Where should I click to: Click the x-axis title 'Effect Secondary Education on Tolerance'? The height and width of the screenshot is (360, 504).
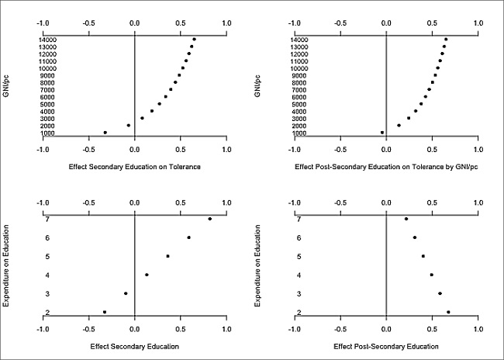[x=135, y=166]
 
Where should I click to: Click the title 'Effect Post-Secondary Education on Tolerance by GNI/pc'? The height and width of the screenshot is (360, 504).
[x=386, y=166]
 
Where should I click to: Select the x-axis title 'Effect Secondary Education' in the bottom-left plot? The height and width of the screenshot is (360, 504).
[x=135, y=346]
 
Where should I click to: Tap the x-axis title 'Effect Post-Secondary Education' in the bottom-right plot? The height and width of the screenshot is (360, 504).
[x=386, y=346]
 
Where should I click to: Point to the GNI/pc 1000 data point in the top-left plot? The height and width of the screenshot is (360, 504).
[x=105, y=133]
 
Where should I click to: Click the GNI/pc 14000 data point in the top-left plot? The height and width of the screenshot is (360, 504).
[x=194, y=39]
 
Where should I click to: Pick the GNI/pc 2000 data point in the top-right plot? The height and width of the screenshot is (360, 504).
[x=399, y=125]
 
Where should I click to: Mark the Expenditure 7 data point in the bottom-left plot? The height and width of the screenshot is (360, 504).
[x=209, y=219]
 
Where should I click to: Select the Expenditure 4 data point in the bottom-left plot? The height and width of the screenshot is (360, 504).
[x=147, y=275]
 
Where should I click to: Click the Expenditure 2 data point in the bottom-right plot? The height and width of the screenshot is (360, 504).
[x=448, y=312]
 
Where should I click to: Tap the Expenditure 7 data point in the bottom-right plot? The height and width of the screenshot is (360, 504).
[x=406, y=219]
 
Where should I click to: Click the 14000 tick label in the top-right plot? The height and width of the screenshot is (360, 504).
[x=280, y=40]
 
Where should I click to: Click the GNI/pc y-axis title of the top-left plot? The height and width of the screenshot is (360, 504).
[x=7, y=85]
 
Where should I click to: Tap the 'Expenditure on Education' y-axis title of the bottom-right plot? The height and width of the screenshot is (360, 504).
[x=258, y=265]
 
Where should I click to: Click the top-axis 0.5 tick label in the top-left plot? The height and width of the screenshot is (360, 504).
[x=181, y=22]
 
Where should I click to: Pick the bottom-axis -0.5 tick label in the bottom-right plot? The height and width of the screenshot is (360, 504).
[x=340, y=329]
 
